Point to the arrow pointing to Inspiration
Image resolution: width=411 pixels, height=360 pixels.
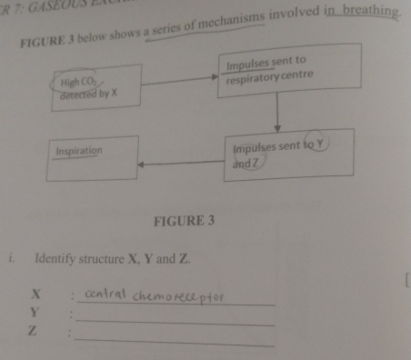point(182,165)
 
